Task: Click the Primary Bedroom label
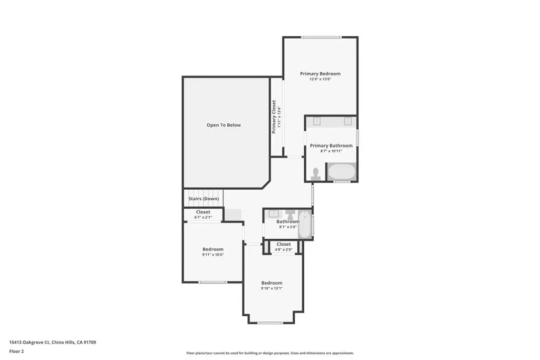320,74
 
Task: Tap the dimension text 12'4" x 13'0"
320,79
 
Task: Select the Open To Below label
224,125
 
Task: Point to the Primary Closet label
274,116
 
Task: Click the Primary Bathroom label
331,145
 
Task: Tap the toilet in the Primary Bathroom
316,174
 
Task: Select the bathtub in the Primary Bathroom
341,172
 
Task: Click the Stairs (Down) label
204,199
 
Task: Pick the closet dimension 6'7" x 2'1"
203,218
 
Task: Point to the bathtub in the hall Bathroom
304,225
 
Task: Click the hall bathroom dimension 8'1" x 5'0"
287,227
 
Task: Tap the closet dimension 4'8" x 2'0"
283,250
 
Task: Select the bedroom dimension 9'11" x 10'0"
213,255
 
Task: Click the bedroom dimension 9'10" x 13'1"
272,288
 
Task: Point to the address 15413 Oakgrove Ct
30,343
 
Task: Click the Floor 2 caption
16,352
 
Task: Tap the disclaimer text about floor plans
270,353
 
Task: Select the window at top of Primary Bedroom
321,37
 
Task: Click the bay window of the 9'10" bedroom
271,323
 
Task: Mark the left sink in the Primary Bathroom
317,121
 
